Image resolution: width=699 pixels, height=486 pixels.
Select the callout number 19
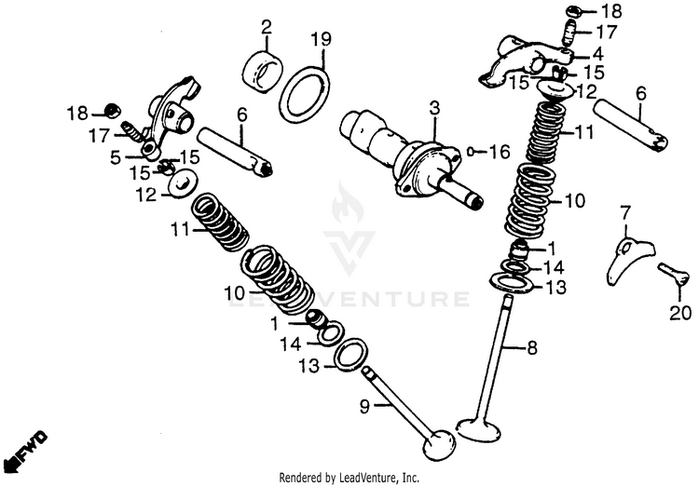[321, 39]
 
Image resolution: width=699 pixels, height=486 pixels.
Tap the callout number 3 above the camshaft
[433, 110]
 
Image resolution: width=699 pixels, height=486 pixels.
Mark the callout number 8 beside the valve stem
[532, 349]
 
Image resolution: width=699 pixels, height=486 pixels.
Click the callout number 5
[115, 158]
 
